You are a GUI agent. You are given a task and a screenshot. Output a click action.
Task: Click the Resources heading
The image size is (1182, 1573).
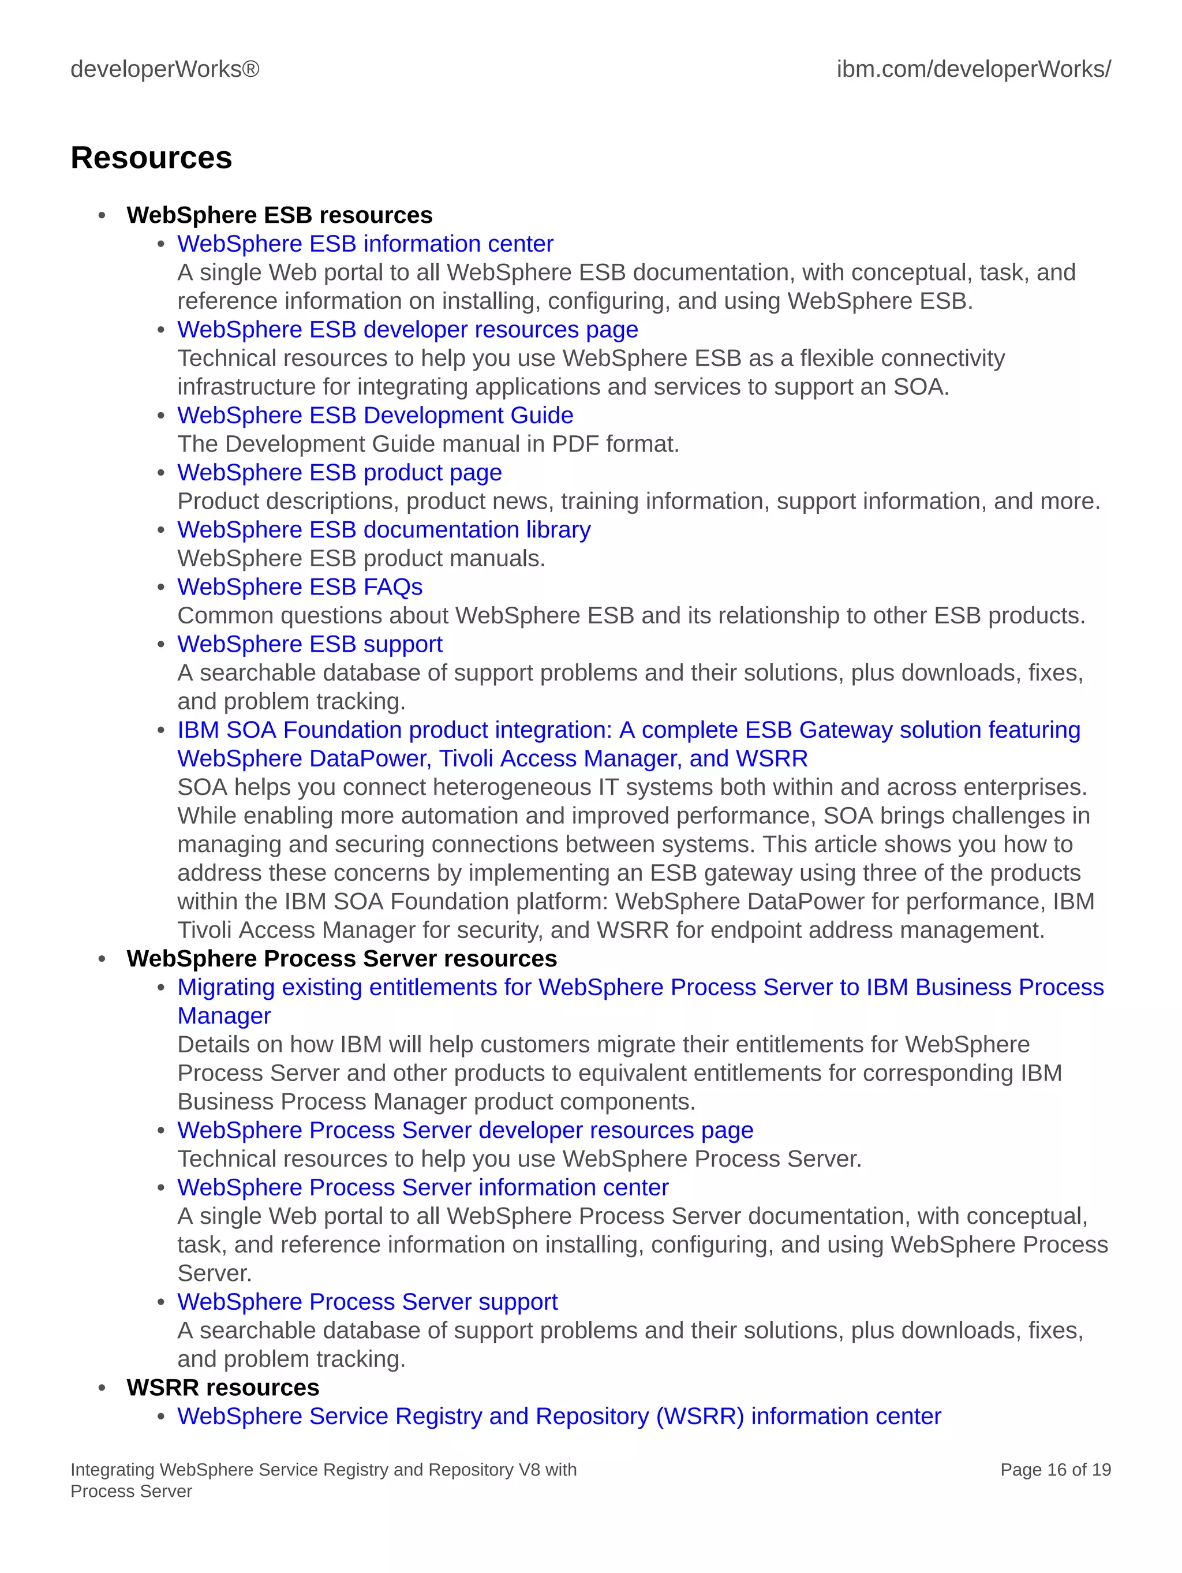(x=151, y=158)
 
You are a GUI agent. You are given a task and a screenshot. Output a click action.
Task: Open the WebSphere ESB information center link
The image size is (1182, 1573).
(x=365, y=244)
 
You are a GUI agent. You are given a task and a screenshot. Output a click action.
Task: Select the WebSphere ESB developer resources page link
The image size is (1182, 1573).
(x=407, y=330)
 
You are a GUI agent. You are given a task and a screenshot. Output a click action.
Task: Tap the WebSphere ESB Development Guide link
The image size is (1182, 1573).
(x=375, y=415)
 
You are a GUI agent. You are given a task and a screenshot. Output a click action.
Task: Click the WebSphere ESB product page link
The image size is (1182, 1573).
(x=339, y=473)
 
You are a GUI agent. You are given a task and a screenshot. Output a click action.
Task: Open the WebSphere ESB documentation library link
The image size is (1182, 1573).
(x=383, y=530)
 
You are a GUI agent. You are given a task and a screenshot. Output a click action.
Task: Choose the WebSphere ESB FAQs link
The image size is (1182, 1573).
(x=300, y=588)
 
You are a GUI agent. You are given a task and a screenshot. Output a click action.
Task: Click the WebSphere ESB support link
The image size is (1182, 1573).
(x=309, y=644)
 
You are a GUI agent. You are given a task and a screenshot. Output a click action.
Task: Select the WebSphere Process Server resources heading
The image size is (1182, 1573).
(x=341, y=959)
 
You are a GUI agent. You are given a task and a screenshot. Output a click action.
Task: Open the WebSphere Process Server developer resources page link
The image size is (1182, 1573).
(x=465, y=1130)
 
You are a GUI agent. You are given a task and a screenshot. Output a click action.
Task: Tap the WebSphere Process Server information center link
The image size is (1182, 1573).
(x=422, y=1187)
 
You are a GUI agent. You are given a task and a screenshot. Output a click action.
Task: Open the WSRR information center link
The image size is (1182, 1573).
(x=559, y=1416)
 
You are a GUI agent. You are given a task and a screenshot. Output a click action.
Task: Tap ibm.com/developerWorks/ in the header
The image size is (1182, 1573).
(x=973, y=70)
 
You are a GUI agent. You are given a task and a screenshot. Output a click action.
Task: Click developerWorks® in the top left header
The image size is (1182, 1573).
(x=165, y=70)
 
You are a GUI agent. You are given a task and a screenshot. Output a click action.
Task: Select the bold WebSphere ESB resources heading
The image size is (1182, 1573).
(x=279, y=215)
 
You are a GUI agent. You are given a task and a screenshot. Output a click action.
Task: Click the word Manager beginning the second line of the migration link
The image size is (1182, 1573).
(x=224, y=1016)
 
